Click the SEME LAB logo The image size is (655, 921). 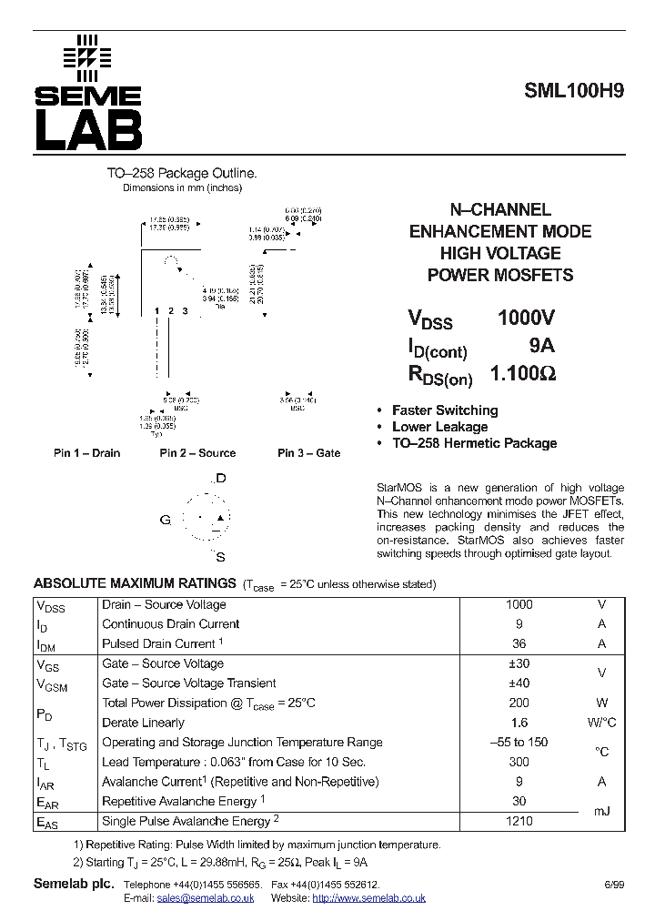88,94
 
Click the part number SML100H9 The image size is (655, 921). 574,91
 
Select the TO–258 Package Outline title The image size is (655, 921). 182,173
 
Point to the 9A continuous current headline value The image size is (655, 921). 541,346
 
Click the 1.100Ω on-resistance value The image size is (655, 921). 523,374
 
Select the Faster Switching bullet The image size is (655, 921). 444,410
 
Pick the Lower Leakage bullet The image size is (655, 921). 439,427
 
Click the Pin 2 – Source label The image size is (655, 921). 197,453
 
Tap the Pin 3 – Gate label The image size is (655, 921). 309,453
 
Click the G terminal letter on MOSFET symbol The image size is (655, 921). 166,520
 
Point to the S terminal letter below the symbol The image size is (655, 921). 220,557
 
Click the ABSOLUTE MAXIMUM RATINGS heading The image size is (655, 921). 135,583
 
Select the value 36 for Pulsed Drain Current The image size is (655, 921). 519,643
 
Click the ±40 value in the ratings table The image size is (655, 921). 519,683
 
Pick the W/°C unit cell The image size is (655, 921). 601,723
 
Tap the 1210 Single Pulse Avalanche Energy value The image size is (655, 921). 519,821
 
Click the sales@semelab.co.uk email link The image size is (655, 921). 205,898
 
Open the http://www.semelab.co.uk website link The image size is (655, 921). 368,898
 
